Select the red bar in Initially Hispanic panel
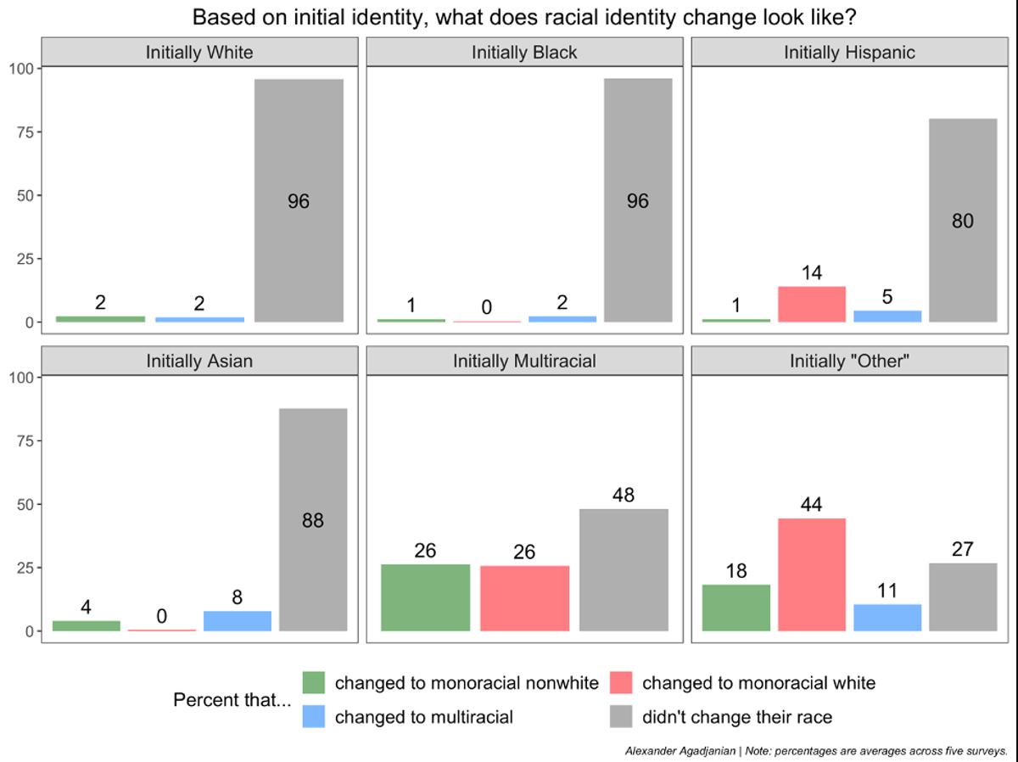tap(812, 305)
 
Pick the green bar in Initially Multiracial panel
tap(425, 597)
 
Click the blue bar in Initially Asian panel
tap(238, 621)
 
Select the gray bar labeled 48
tap(624, 570)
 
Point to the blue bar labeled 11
tap(887, 618)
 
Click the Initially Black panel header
tap(524, 53)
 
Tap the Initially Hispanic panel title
tap(849, 53)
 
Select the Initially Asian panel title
tap(199, 361)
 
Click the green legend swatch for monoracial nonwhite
tap(314, 683)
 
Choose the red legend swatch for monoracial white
tap(621, 683)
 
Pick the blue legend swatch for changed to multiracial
tap(314, 717)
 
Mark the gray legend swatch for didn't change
tap(621, 717)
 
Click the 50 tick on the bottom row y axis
tap(25, 504)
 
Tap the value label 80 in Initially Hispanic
tap(963, 221)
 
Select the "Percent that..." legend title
tap(232, 700)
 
